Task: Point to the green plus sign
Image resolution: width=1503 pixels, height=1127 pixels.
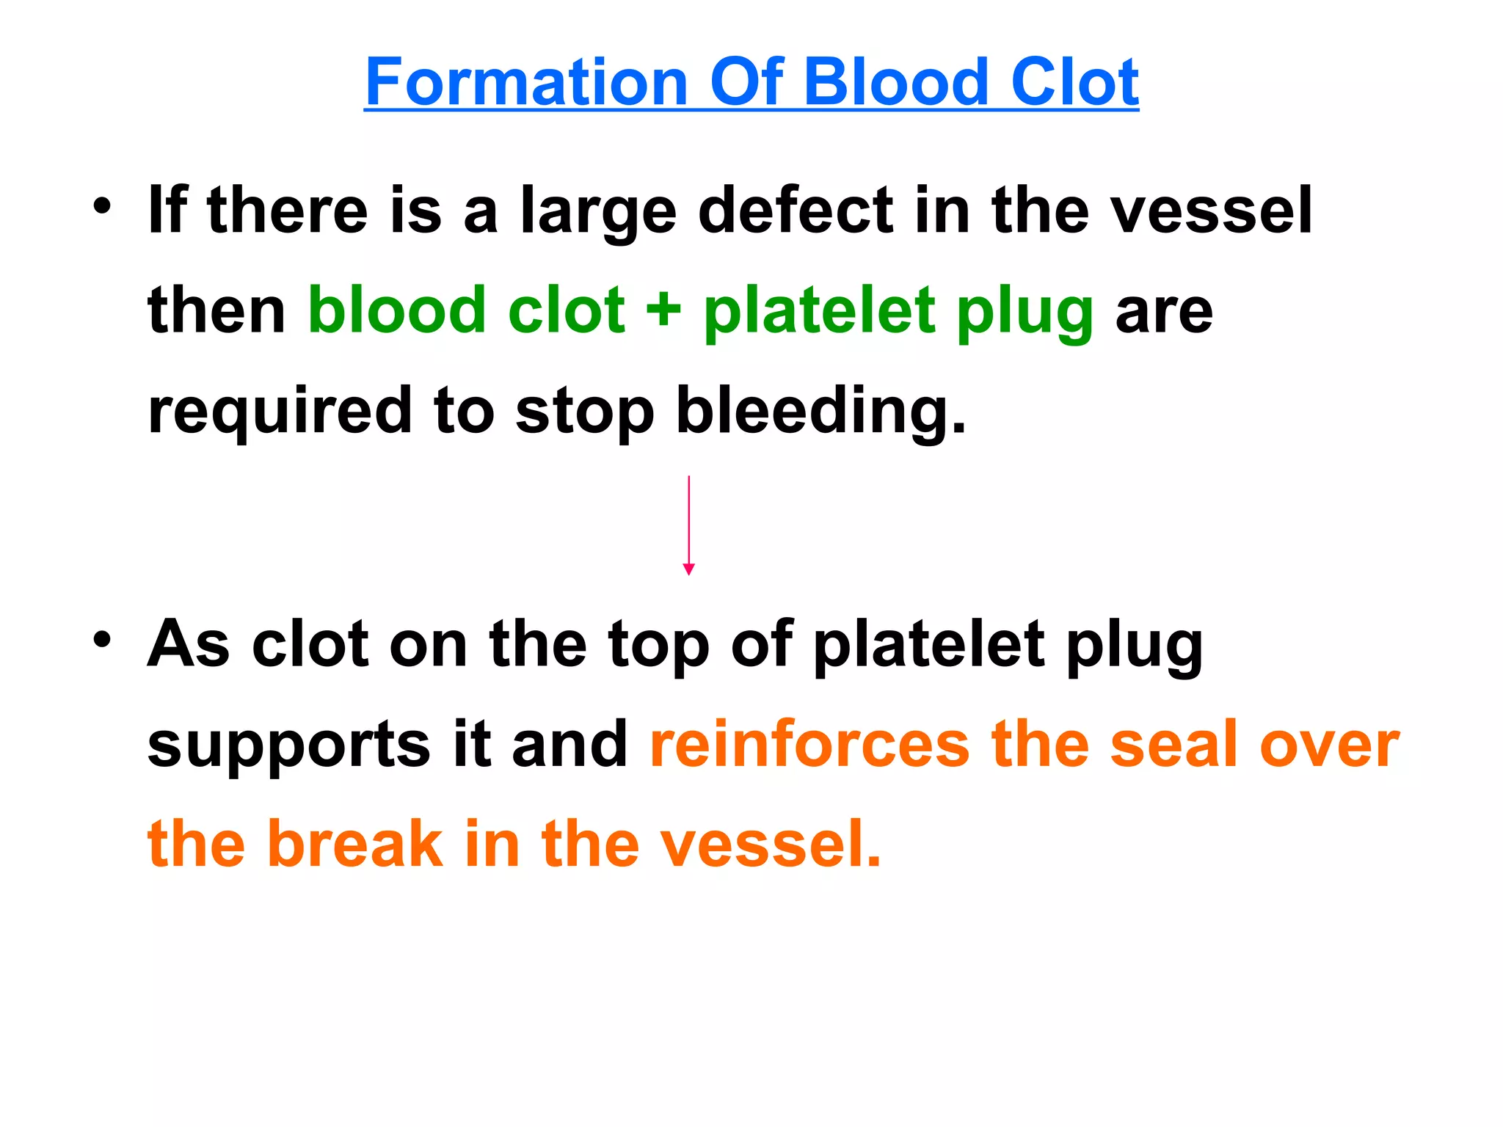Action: [663, 309]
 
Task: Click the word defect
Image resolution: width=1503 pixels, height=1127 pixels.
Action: [796, 211]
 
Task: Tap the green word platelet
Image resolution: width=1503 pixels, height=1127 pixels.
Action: [819, 310]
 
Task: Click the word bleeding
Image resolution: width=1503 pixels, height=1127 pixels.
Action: [820, 412]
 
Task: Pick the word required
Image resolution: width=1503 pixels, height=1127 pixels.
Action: [280, 412]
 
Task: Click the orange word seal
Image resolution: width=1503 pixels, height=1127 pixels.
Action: [1173, 745]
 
